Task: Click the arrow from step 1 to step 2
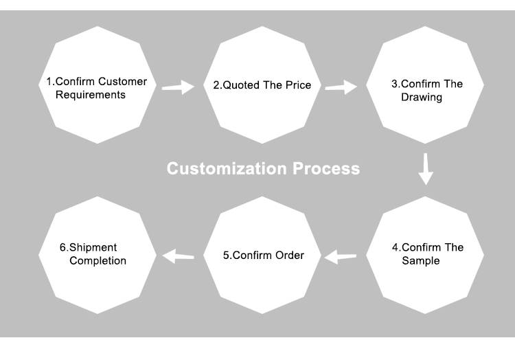(178, 87)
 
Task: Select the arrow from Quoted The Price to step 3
(341, 87)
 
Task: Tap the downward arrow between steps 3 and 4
(426, 169)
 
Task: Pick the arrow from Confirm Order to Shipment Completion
(178, 256)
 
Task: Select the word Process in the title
(327, 168)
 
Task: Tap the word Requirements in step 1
(86, 95)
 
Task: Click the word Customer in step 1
(123, 82)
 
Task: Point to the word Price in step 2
(298, 86)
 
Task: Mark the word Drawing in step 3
(422, 98)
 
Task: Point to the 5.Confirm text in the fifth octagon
(244, 256)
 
